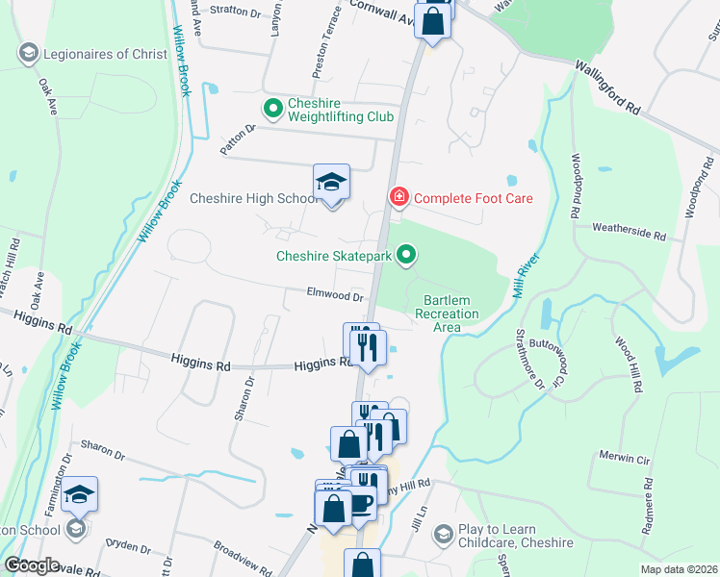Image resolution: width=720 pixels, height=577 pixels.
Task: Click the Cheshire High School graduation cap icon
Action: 331,183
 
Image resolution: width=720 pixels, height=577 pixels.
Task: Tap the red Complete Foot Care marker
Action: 398,198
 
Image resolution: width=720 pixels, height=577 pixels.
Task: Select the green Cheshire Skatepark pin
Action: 407,256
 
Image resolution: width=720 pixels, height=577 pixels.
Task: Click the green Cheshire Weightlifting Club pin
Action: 270,109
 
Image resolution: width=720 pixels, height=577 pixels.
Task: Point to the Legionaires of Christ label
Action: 103,54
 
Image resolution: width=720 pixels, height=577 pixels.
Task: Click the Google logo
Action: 31,565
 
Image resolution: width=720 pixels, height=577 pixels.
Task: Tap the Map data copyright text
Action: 678,569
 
